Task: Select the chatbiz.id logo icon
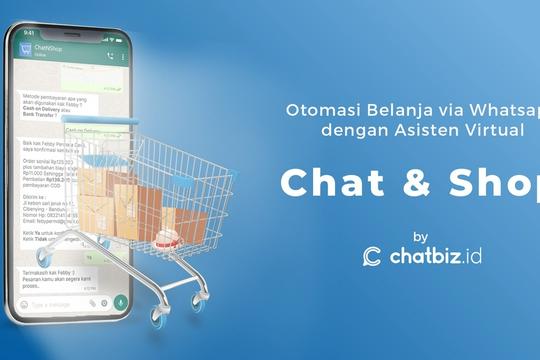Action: point(372,257)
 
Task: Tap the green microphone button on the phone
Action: point(122,301)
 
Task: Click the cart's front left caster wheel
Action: point(158,317)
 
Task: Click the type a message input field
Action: point(55,302)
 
